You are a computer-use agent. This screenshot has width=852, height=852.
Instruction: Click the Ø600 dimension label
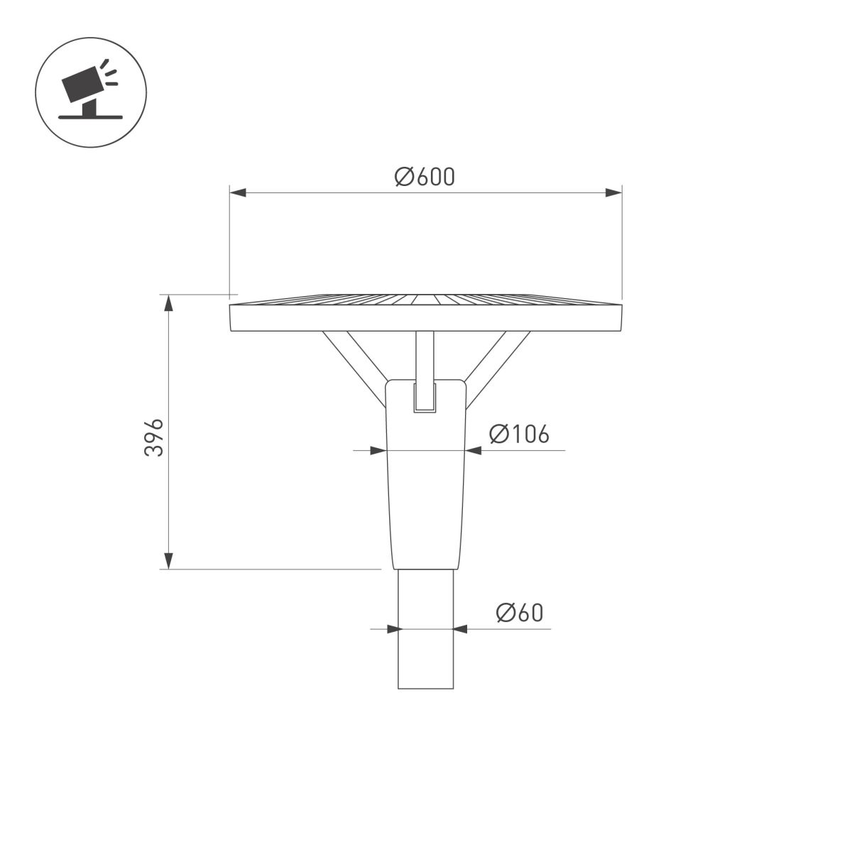point(425,176)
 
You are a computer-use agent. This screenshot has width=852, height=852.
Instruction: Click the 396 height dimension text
point(155,437)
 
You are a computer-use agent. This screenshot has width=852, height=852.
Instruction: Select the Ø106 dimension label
point(519,434)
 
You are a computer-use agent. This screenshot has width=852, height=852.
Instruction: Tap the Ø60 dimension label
point(519,612)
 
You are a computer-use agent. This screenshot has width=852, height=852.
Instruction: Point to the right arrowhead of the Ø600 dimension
point(613,192)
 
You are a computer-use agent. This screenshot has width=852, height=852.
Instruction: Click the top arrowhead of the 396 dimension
point(168,303)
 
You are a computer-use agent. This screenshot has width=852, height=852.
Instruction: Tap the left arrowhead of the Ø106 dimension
point(379,450)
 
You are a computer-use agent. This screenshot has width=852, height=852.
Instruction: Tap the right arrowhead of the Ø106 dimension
point(474,450)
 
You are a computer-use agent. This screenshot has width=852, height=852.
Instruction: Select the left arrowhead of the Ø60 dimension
point(390,628)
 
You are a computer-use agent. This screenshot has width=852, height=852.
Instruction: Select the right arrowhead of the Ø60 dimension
point(461,628)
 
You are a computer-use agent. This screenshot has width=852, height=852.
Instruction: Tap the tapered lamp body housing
point(425,497)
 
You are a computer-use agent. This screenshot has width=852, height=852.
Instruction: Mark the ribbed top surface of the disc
point(426,299)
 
